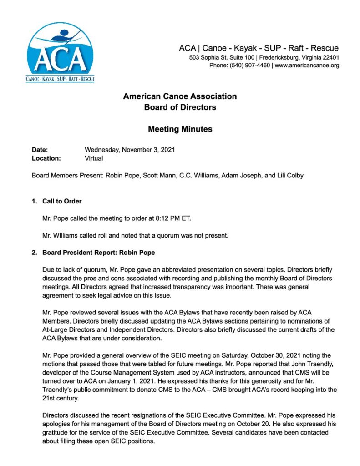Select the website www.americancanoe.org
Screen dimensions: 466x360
point(307,66)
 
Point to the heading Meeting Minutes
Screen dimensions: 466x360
point(180,129)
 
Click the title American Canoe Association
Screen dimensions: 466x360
point(180,96)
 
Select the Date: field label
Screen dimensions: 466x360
point(40,150)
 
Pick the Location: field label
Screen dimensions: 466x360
point(46,158)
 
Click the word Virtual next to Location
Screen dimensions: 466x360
point(94,158)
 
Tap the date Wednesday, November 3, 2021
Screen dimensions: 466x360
point(130,150)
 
